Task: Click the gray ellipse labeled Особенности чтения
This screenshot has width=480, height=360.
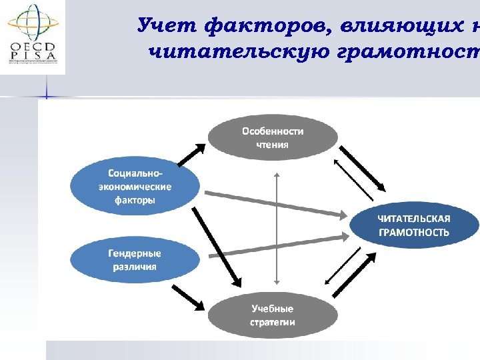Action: coord(272,138)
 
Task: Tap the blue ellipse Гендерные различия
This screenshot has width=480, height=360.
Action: coord(135,260)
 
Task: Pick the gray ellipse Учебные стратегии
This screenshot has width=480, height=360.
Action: coord(272,316)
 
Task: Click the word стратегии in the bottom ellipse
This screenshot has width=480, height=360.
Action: coord(272,323)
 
